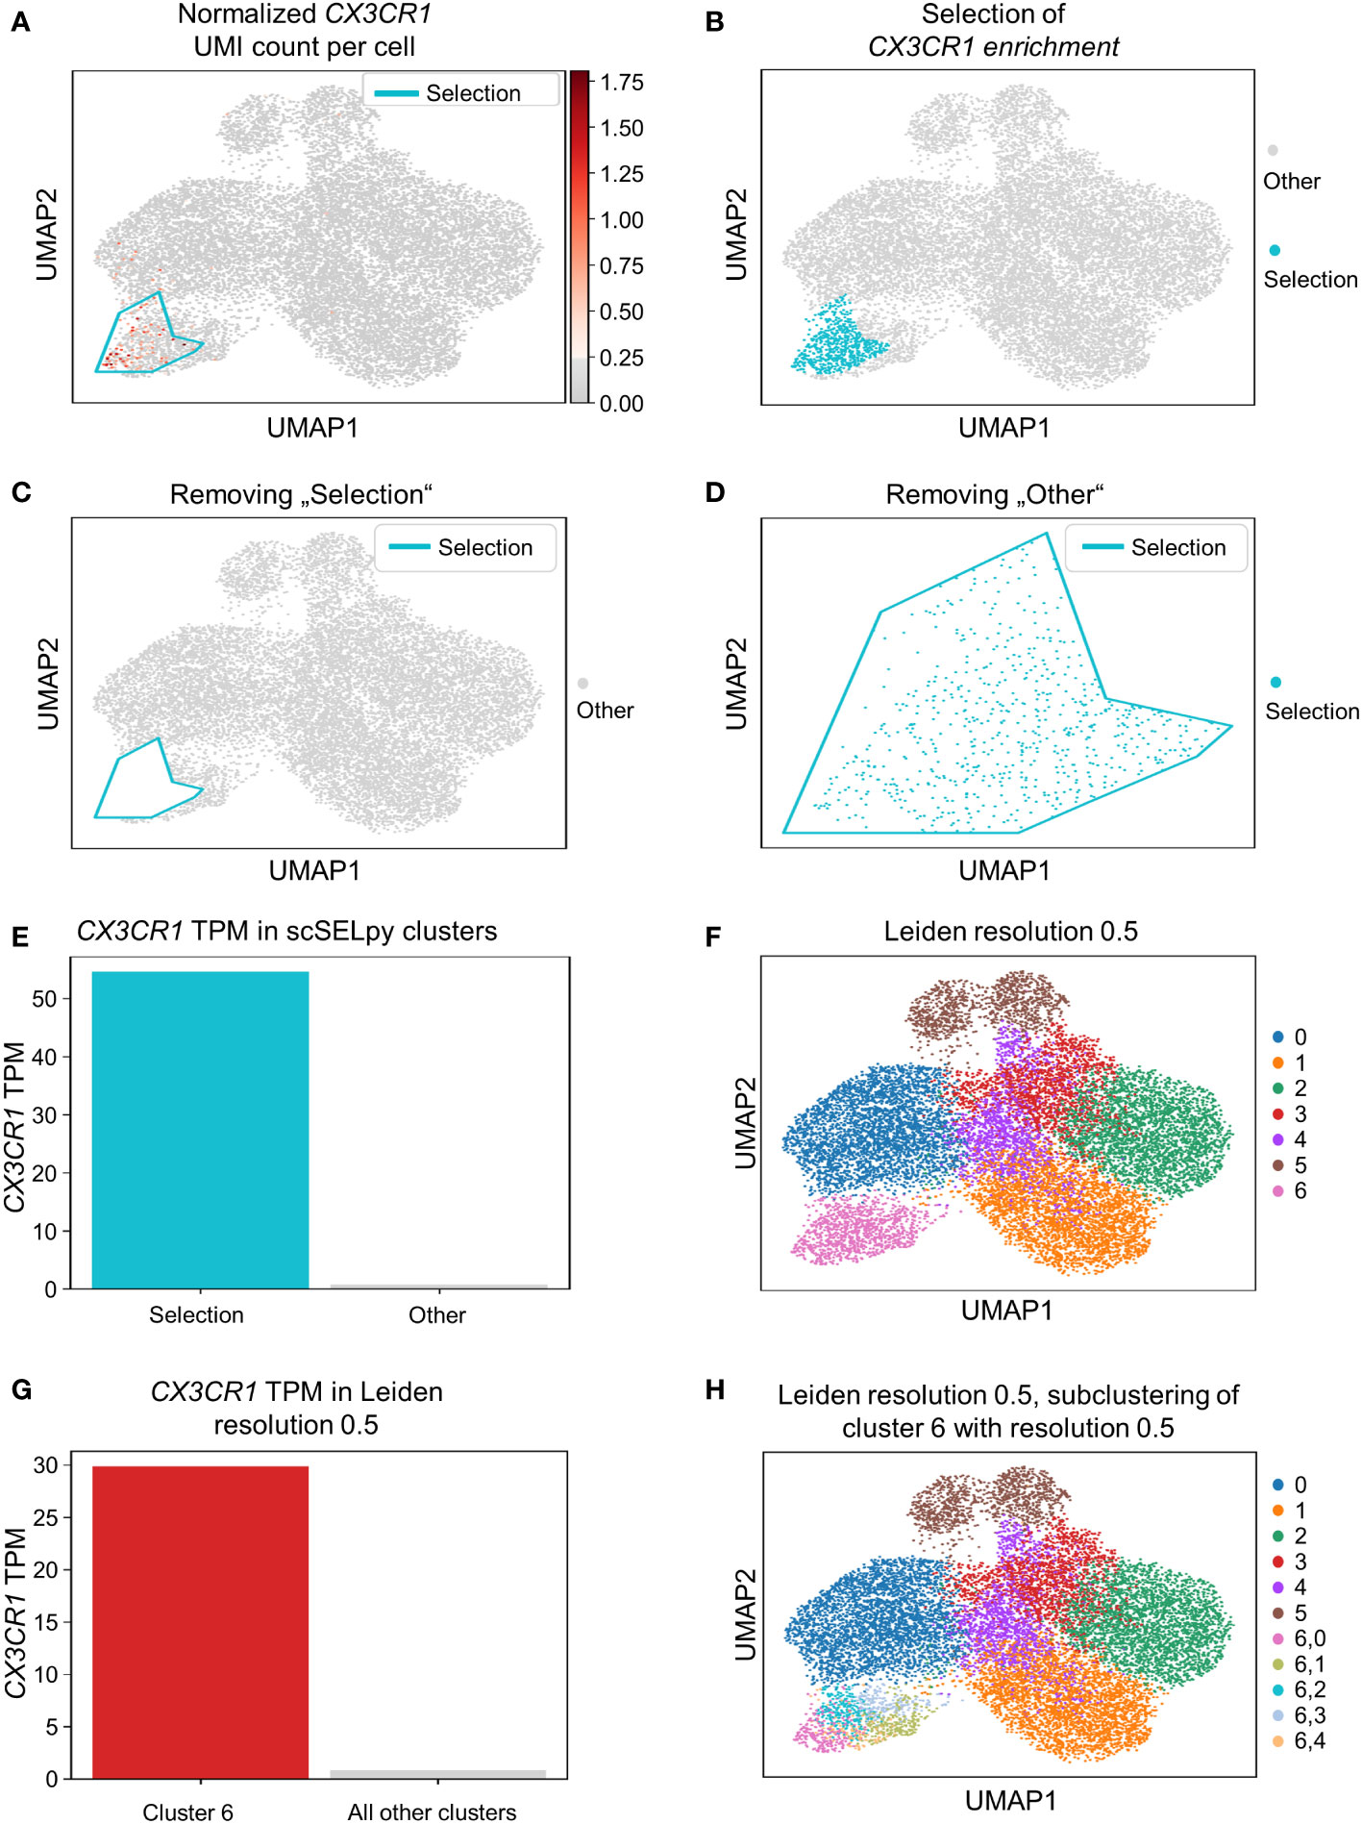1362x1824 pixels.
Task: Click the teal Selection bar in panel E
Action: click(x=200, y=1130)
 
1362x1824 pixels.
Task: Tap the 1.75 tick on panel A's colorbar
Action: click(x=621, y=83)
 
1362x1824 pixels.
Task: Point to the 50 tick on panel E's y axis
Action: click(x=44, y=999)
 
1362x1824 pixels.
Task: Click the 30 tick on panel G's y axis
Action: click(x=45, y=1465)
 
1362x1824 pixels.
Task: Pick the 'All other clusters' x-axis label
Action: click(x=432, y=1812)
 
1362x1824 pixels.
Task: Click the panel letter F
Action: click(x=713, y=937)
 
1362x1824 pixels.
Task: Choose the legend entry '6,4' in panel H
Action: click(x=1309, y=1740)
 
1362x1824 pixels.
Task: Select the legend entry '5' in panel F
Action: click(x=1300, y=1165)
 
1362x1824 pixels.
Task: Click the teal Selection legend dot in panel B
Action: click(x=1275, y=251)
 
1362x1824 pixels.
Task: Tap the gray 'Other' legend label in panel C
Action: click(x=605, y=711)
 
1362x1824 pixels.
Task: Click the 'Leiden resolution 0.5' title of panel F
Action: click(x=1010, y=931)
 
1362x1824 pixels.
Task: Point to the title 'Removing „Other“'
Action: click(x=994, y=494)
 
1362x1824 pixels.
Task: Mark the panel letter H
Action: click(x=714, y=1389)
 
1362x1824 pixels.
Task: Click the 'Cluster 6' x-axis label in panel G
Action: click(x=187, y=1812)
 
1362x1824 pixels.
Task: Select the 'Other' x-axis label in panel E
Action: click(x=436, y=1314)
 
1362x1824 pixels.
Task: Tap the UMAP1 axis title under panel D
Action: click(x=1003, y=870)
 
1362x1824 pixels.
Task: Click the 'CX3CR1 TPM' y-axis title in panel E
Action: click(x=14, y=1126)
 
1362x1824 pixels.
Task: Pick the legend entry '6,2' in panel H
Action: click(x=1309, y=1689)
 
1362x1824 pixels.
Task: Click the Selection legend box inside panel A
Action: click(x=460, y=92)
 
